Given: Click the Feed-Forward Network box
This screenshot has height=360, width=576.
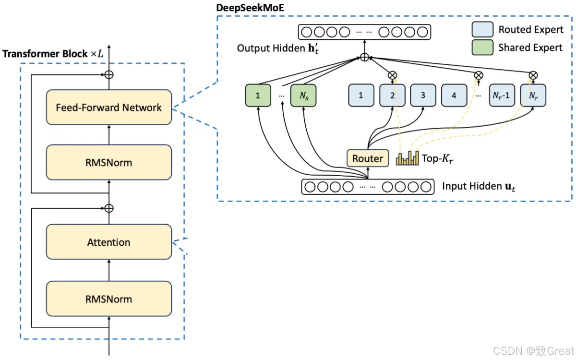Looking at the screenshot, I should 108,108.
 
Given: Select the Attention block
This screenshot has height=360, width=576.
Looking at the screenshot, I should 108,242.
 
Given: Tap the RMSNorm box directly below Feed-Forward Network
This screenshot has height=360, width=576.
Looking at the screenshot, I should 108,163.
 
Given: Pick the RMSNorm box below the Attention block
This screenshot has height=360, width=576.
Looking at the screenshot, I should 108,299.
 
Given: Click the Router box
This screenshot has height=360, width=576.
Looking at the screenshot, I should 368,158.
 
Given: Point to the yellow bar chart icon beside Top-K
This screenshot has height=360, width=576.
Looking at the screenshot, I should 407,158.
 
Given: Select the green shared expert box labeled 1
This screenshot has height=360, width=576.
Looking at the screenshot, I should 258,96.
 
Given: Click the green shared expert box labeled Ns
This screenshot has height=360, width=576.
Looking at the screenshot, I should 303,96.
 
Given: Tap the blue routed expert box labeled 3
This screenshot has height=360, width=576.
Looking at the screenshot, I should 423,96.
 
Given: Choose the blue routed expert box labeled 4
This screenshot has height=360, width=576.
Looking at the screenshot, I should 454,96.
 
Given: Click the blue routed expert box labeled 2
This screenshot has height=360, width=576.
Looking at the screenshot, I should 392,96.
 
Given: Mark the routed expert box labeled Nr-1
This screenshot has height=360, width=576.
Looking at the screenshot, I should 502,96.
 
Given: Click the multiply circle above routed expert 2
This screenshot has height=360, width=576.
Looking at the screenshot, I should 392,75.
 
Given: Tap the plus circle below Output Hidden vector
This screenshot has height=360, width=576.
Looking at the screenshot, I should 364,58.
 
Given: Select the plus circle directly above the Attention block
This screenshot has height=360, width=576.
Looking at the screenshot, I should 109,208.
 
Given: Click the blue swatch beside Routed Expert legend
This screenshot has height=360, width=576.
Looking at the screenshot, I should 482,30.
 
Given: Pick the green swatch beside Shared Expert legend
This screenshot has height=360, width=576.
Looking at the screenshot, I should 482,48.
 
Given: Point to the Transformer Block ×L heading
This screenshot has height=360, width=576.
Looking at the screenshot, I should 53,54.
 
